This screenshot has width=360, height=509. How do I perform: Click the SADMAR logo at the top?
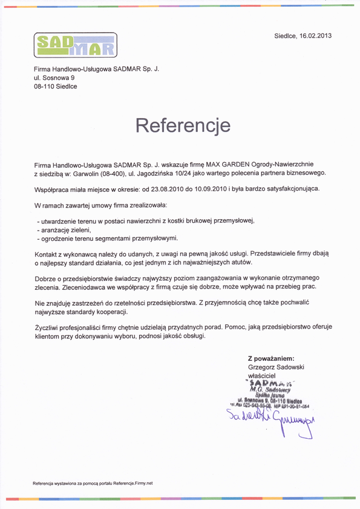(x=75, y=45)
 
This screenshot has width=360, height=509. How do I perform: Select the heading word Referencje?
(x=183, y=125)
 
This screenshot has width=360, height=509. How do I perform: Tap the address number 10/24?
(x=182, y=174)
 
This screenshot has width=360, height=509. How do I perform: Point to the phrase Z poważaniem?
(x=271, y=358)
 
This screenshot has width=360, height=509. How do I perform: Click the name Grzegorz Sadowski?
(x=276, y=367)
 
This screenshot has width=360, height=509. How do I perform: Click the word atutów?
(x=238, y=263)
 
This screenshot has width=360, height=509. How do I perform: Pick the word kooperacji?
(x=111, y=311)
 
